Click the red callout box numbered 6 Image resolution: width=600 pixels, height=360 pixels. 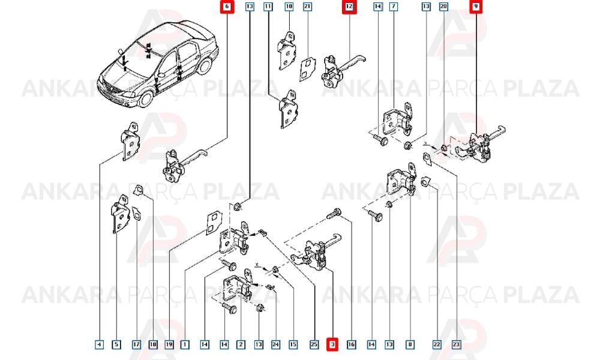coord(227,7)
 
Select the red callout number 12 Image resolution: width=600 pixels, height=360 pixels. coord(349,7)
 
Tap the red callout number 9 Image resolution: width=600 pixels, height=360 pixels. coord(476,7)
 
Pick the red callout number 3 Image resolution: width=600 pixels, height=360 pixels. coord(332,344)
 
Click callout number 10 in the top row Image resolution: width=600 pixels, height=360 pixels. coord(289,7)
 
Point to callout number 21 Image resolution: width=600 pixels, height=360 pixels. coord(307,7)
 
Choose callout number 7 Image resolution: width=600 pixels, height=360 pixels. coord(394,7)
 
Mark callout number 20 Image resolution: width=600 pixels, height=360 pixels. coord(443,7)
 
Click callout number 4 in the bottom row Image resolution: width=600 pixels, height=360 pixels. coord(99,344)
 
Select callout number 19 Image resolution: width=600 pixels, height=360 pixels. coord(169,344)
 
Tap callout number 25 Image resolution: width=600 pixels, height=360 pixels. coord(314,344)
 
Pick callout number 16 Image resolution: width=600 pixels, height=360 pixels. coord(351,344)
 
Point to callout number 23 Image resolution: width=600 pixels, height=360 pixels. coord(456,344)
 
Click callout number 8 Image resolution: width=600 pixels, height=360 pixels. coord(410,344)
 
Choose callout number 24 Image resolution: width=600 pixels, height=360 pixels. coord(275,344)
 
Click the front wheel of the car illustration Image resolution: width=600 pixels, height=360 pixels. coord(146,98)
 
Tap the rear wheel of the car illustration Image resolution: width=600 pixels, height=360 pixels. coord(205,66)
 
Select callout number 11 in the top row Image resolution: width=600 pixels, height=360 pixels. coord(268,7)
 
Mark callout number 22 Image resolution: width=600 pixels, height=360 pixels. coord(437,344)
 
